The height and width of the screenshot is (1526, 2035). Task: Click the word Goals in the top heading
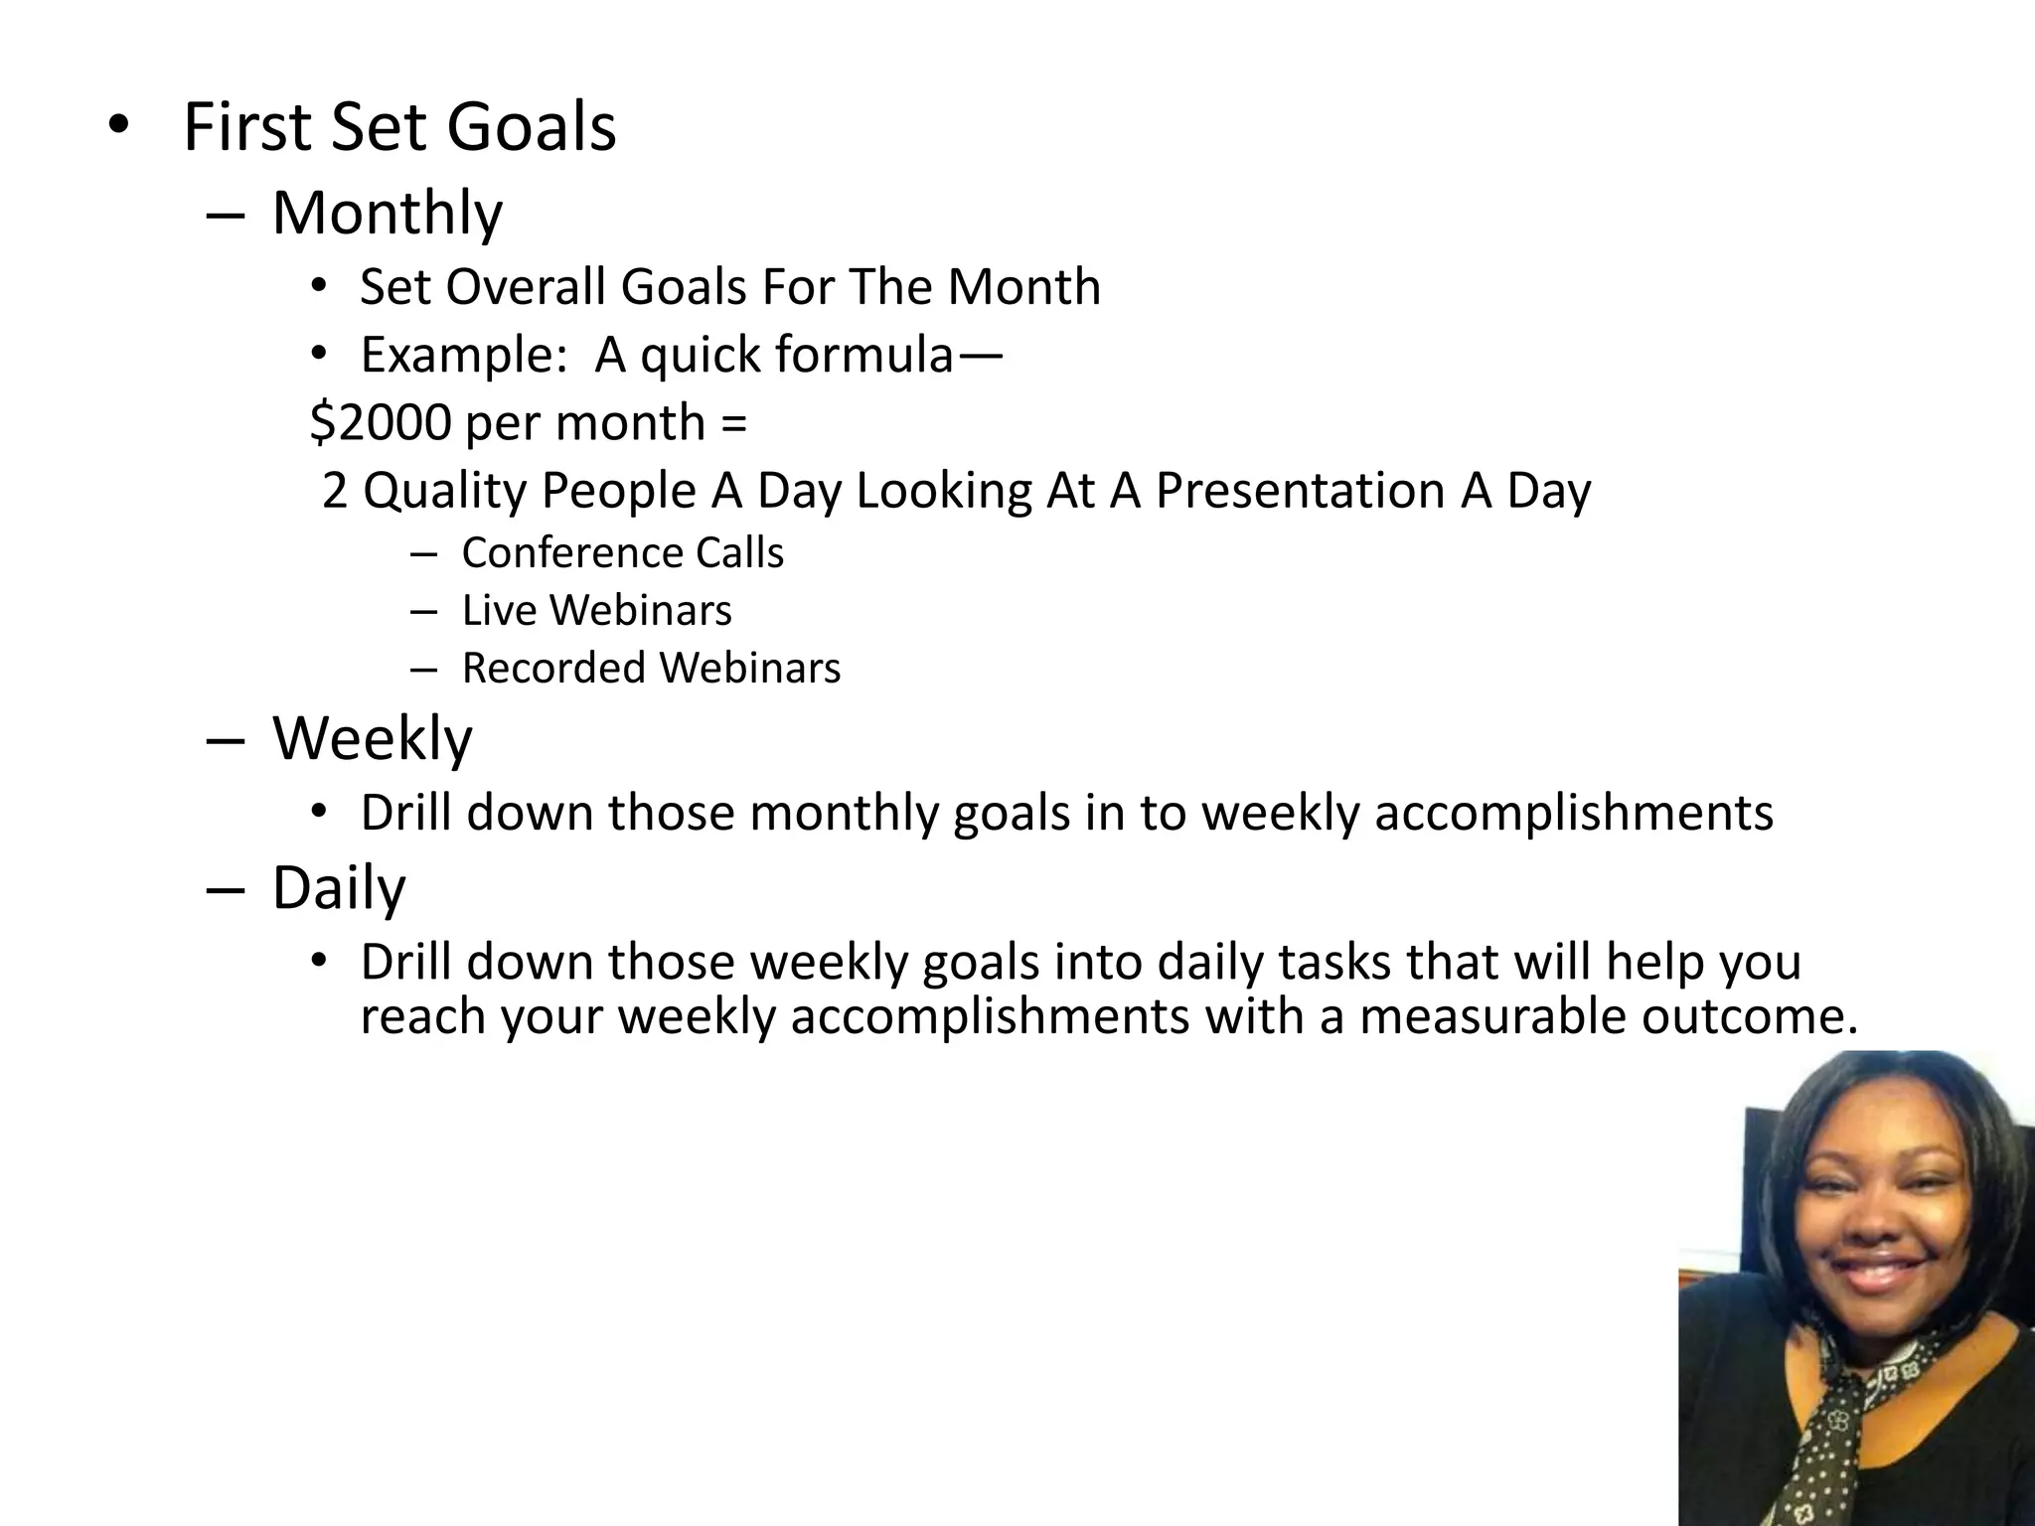531,128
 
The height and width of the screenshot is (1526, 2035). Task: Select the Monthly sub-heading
388,213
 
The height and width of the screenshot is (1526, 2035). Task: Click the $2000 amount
381,422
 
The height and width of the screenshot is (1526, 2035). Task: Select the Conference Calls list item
622,552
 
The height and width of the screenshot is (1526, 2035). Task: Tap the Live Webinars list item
596,610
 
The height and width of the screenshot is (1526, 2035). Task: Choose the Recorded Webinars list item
651,668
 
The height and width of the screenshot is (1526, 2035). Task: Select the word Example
462,355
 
